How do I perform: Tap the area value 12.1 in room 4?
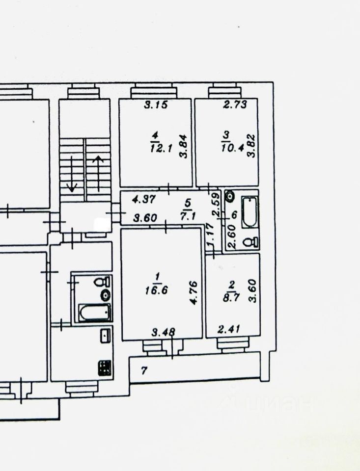click(162, 148)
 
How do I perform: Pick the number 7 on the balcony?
click(144, 371)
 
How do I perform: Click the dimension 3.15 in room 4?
click(156, 105)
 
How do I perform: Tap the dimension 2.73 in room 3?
click(233, 105)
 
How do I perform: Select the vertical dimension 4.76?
click(194, 292)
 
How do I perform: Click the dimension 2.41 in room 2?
click(228, 329)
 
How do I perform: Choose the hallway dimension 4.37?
click(145, 200)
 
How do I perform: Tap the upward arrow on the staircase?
click(98, 172)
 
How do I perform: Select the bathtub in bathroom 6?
click(249, 212)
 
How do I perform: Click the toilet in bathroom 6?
click(252, 241)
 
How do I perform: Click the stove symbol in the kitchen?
click(105, 368)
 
